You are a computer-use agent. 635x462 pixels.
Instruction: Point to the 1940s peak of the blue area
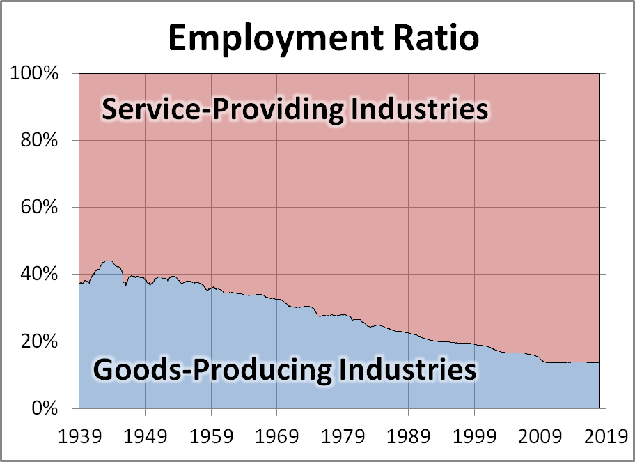point(107,261)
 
